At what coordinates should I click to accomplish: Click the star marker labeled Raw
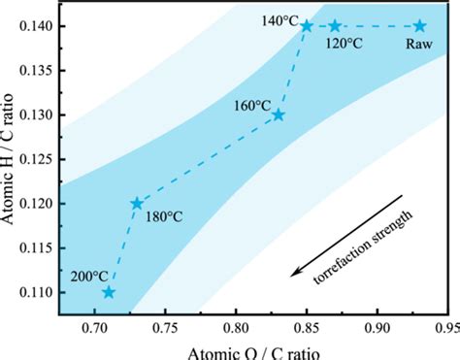click(x=419, y=26)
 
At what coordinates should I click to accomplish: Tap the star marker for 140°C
click(x=307, y=26)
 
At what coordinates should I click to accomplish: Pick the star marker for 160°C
click(x=279, y=115)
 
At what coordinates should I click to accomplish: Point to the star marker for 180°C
click(x=137, y=204)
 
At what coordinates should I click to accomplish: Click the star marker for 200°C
click(x=109, y=292)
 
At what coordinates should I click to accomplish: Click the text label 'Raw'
click(x=419, y=43)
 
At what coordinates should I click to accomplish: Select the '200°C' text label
click(x=89, y=276)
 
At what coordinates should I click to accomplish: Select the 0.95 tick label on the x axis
click(x=445, y=329)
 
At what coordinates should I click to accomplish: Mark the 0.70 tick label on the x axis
click(x=95, y=329)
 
